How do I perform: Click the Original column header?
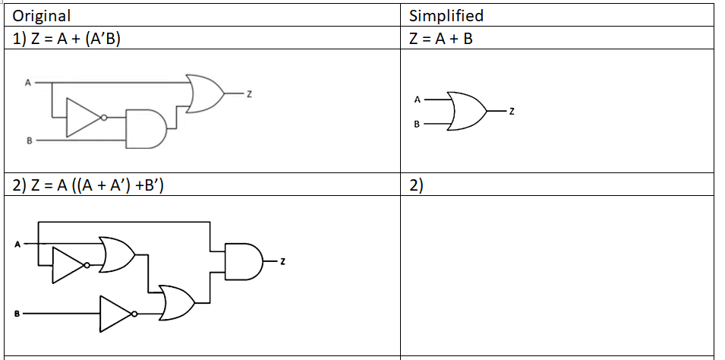click(x=42, y=15)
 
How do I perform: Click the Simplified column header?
click(x=446, y=15)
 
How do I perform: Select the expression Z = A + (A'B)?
click(x=68, y=38)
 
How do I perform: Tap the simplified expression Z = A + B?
click(x=440, y=38)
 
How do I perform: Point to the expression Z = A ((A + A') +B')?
click(x=89, y=185)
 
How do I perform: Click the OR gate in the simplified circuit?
click(x=468, y=112)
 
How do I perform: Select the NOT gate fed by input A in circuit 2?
click(x=71, y=265)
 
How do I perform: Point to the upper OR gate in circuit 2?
click(x=118, y=254)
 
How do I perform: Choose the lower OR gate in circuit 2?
click(x=176, y=303)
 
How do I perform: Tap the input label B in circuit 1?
click(x=30, y=141)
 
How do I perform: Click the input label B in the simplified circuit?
click(x=416, y=125)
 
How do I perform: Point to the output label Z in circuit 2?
click(x=282, y=262)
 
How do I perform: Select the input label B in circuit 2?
click(x=16, y=313)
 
